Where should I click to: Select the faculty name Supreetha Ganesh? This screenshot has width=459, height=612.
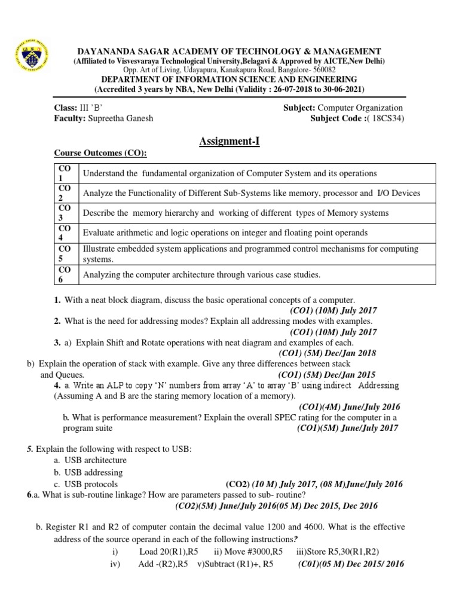[121, 118]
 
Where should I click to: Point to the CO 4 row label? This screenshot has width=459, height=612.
[65, 232]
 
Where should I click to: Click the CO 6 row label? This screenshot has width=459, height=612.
[65, 274]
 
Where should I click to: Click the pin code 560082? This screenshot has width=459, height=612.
[323, 70]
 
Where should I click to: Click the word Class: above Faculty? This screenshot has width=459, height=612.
[66, 108]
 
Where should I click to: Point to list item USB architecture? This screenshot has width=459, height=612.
[95, 460]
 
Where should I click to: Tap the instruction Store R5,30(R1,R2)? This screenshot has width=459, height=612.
[337, 552]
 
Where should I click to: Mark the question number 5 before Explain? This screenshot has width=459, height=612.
[29, 448]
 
